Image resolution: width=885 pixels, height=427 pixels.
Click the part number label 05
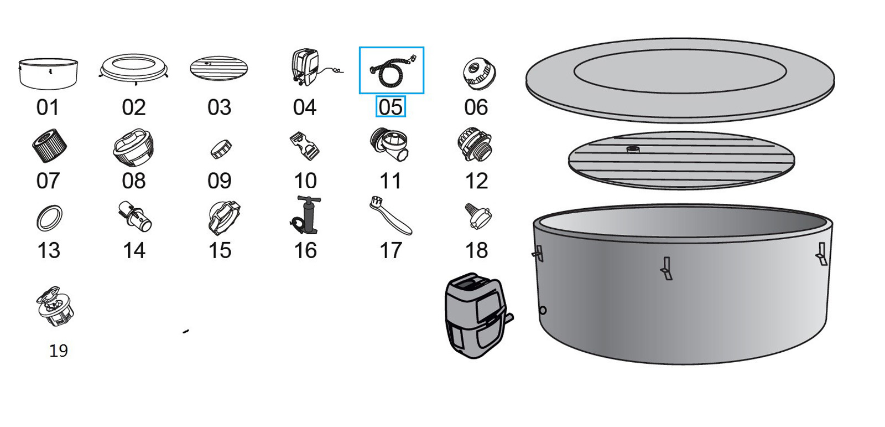pos(391,107)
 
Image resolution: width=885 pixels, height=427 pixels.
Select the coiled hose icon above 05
pos(392,70)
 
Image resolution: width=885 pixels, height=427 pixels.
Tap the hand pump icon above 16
pos(306,215)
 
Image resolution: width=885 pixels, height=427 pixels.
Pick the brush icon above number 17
pos(390,215)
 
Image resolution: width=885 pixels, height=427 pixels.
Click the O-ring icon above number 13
pos(49,218)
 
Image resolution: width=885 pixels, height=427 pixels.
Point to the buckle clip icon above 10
pos(305,145)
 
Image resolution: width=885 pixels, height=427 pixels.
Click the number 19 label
pos(58,351)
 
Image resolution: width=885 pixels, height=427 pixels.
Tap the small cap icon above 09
pos(221,148)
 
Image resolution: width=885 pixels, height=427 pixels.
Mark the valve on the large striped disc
pos(633,149)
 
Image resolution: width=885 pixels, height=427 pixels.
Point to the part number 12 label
pos(476,181)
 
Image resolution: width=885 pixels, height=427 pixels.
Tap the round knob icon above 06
pos(478,74)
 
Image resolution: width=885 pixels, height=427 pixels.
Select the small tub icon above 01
pos(48,73)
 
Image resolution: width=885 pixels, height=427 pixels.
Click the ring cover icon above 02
pos(134,69)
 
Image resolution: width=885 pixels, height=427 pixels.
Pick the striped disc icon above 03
pos(218,69)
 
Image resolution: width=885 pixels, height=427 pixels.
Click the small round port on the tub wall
pos(543,310)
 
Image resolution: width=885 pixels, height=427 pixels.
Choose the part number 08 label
pos(134,181)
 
